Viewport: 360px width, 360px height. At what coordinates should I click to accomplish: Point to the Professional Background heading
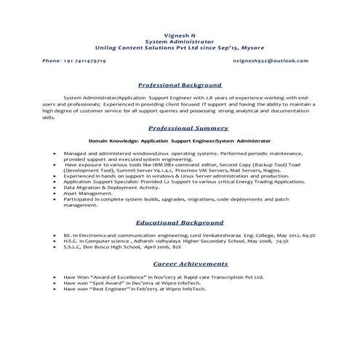[x=180, y=85]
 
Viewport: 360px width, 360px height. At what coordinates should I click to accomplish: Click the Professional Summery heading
[x=180, y=126]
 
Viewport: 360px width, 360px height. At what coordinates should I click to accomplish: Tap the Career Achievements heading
[x=180, y=268]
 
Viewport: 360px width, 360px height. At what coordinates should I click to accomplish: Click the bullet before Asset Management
[x=55, y=194]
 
